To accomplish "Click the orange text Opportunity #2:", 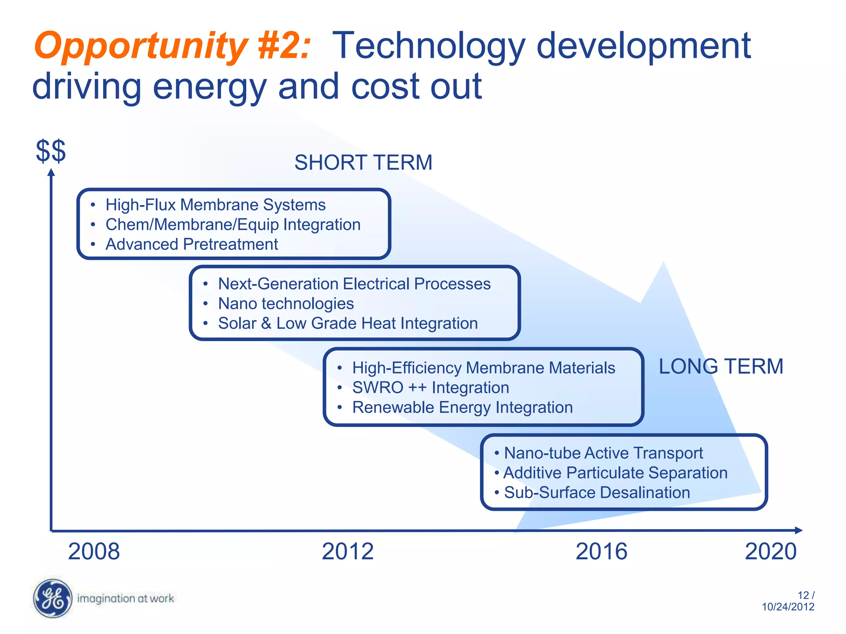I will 171,46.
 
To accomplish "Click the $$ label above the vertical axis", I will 51,151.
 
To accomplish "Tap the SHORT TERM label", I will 363,163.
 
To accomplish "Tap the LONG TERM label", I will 721,367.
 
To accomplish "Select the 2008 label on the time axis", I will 94,551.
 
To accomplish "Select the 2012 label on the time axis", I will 347,551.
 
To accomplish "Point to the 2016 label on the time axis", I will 601,551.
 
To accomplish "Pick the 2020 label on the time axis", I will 770,551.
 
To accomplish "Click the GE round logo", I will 52,599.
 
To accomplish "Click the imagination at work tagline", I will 126,599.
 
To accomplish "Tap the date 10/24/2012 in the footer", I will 788,607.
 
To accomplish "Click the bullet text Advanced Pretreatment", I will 192,244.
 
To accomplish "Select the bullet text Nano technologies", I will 286,304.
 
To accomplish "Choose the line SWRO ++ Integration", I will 430,388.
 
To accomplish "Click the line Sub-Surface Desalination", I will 597,493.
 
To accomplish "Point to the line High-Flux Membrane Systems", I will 215,205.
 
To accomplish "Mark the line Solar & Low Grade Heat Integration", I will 348,324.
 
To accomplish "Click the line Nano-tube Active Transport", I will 603,453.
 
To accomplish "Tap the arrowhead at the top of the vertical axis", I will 51,173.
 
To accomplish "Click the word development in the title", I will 643,46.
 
